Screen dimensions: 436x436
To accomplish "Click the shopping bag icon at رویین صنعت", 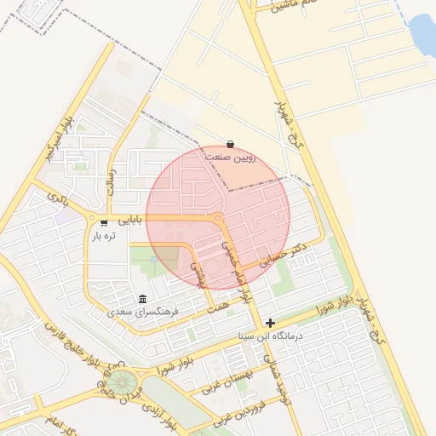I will [231, 145].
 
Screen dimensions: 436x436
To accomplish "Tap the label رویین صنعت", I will [231, 158].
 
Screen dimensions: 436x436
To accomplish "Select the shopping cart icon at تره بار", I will [104, 223].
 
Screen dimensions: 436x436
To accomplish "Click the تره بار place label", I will [104, 236].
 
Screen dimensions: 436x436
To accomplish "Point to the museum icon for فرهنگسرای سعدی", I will [141, 300].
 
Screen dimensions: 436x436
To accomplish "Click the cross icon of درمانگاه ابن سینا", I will [270, 323].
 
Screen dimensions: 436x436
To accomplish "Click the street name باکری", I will [57, 199].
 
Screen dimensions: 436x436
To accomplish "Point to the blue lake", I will [422, 34].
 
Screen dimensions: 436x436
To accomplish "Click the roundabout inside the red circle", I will [219, 219].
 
